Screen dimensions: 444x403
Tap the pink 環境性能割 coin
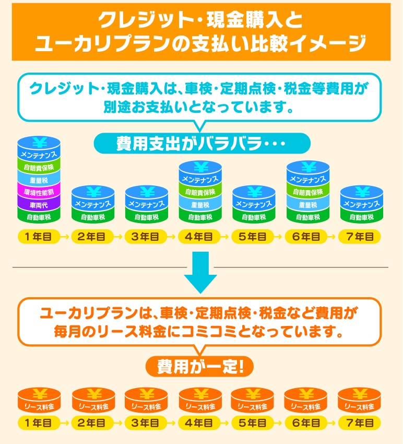pyautogui.click(x=39, y=192)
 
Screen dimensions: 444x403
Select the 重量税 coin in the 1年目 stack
pyautogui.click(x=39, y=180)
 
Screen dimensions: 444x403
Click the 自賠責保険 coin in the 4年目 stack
pyautogui.click(x=200, y=192)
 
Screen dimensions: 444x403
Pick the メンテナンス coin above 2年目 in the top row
pyautogui.click(x=93, y=204)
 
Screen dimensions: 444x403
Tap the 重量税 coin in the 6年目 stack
pyautogui.click(x=308, y=205)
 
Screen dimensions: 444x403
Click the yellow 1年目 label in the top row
pyautogui.click(x=39, y=236)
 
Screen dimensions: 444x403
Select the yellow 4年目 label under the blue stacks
pyautogui.click(x=200, y=236)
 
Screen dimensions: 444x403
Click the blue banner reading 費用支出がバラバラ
pyautogui.click(x=201, y=143)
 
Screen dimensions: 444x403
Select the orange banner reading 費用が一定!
pyautogui.click(x=200, y=366)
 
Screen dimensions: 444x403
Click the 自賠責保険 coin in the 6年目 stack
pyautogui.click(x=308, y=192)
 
